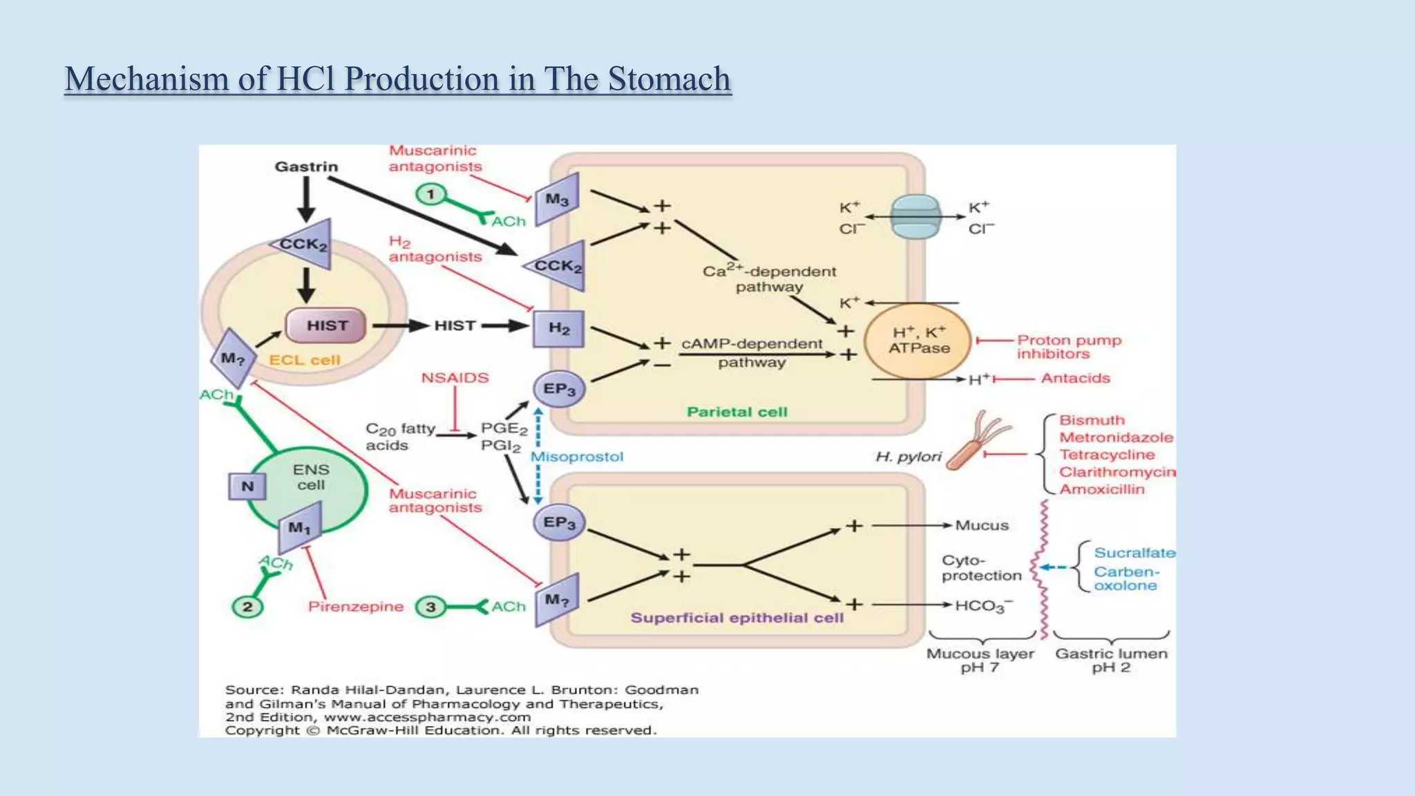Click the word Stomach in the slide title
(668, 79)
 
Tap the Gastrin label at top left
(306, 167)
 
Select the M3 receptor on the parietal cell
(557, 200)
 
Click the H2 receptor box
(558, 328)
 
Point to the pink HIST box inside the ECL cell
(326, 325)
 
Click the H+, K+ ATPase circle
(918, 341)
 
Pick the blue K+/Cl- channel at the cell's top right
(915, 217)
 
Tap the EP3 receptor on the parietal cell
(559, 389)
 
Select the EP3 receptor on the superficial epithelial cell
(559, 522)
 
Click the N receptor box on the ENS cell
(247, 486)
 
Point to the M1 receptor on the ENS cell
(300, 528)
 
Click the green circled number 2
(247, 607)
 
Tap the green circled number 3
(430, 607)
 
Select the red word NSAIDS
(455, 378)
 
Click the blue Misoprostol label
(577, 457)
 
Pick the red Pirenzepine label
(355, 607)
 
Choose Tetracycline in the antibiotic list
(1107, 455)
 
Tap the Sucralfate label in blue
(1134, 553)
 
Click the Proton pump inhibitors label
(1068, 347)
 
